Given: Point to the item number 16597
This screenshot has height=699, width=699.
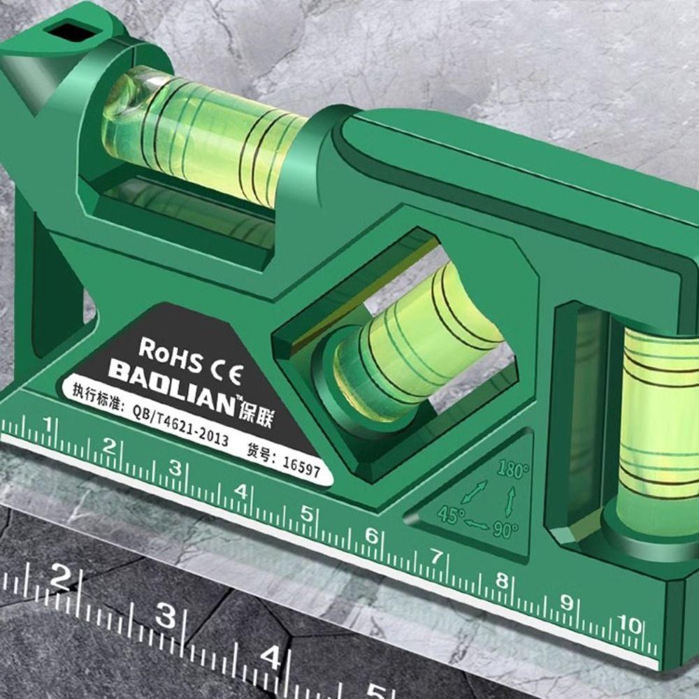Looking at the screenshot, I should [301, 466].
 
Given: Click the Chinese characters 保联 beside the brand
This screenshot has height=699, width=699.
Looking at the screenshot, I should [257, 418].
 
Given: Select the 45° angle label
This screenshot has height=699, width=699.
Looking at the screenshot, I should [451, 515].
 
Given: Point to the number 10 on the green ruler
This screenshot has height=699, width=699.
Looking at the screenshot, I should [630, 624].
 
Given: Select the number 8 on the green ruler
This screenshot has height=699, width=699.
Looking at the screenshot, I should [501, 580].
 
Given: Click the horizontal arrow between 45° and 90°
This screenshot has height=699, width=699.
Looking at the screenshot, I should [477, 523].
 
